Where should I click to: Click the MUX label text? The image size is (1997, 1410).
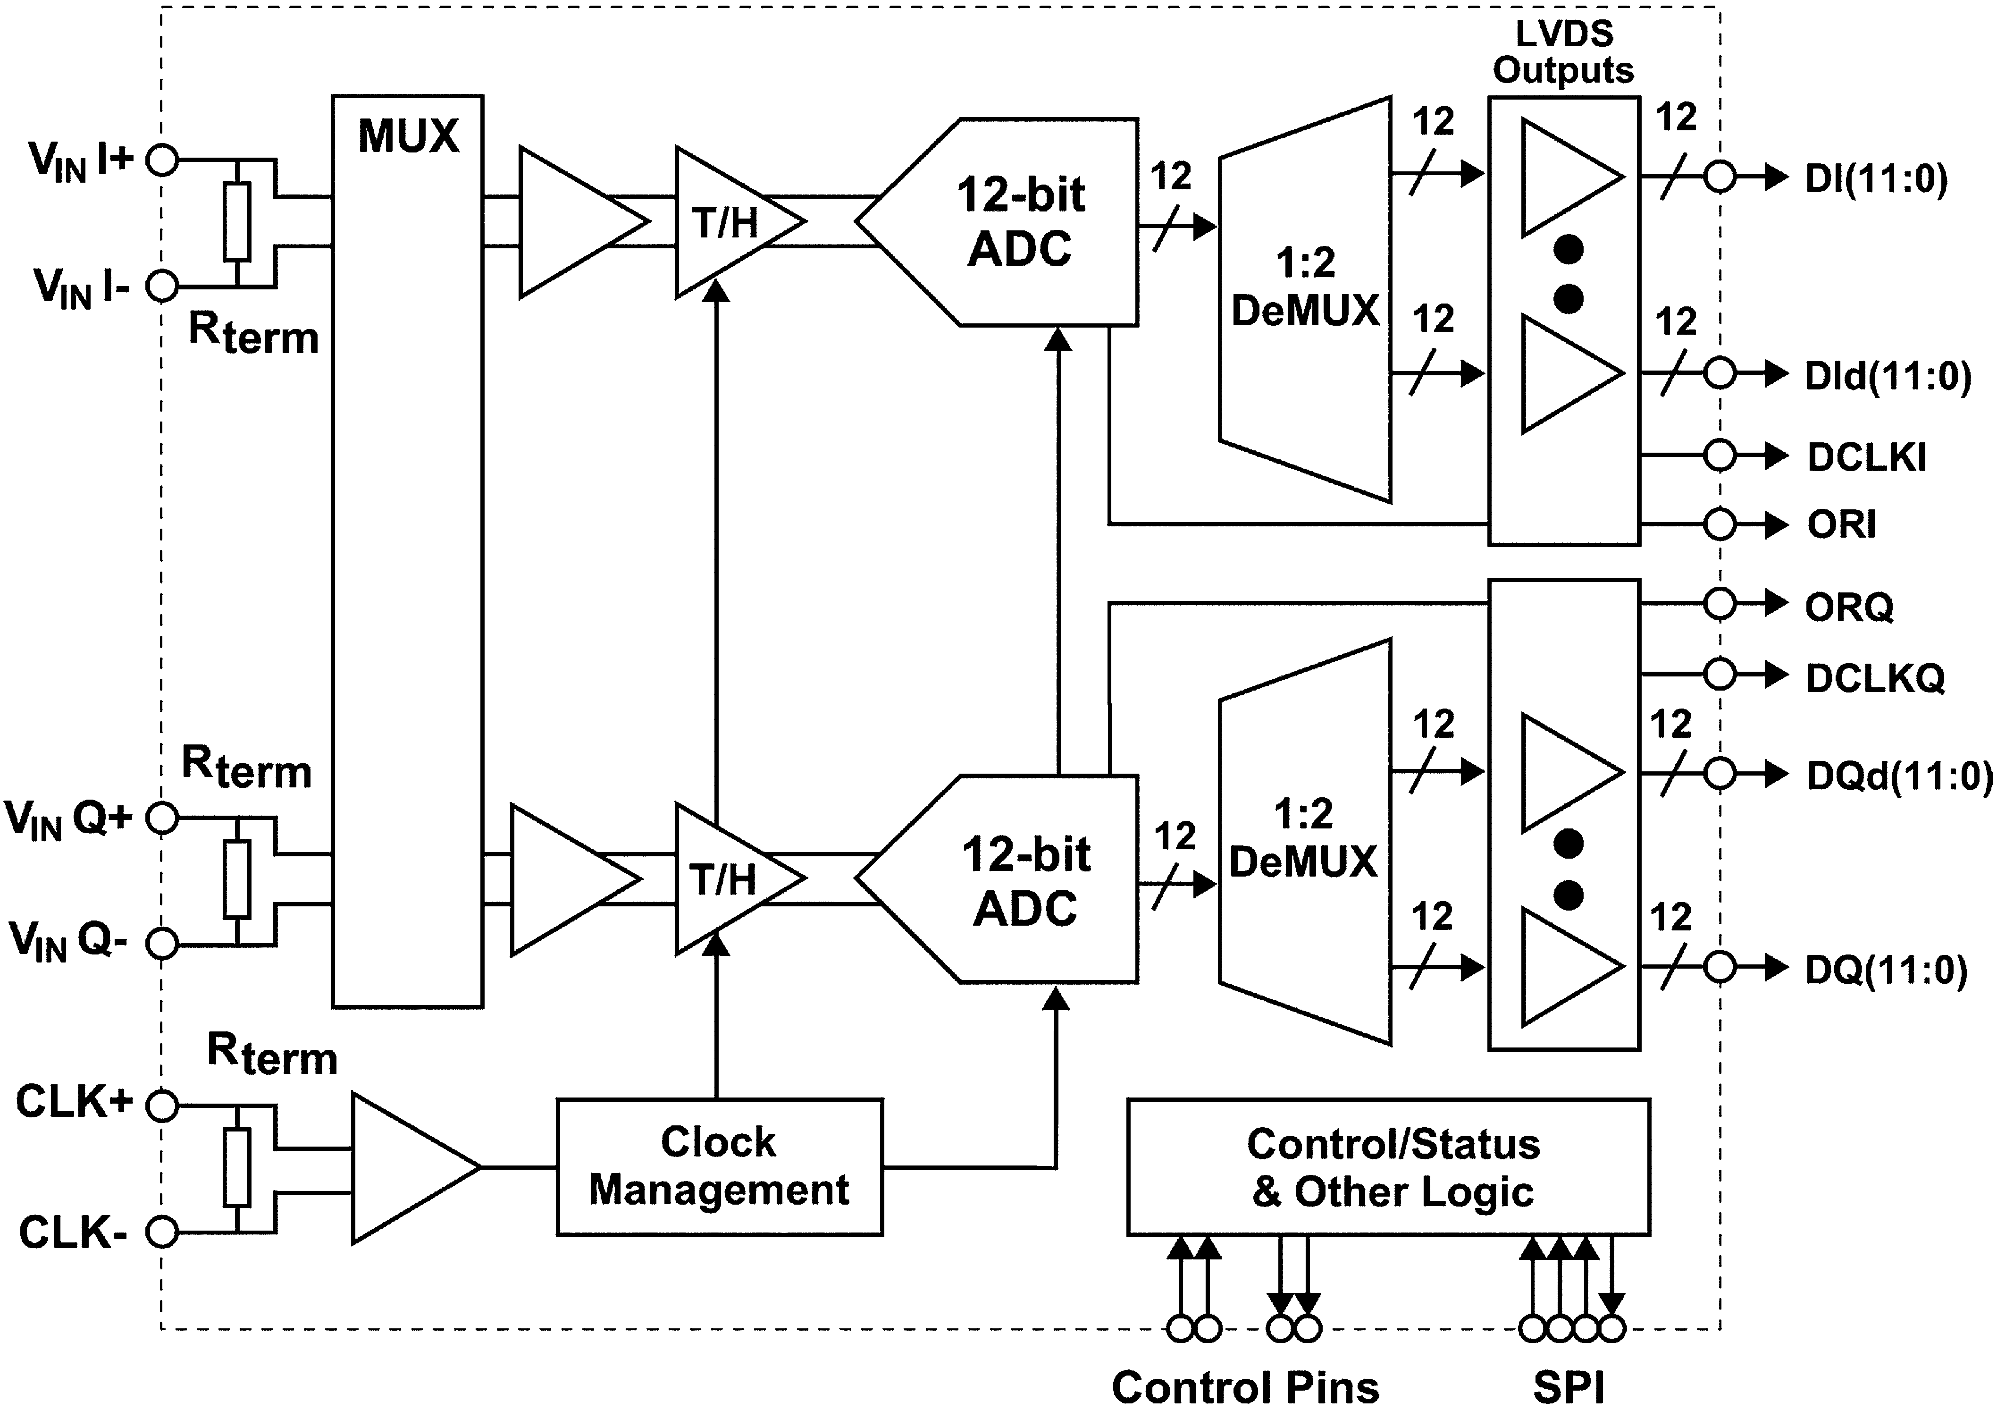point(408,136)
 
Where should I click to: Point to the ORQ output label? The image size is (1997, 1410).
point(1849,606)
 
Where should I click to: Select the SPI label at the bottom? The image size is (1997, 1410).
point(1568,1386)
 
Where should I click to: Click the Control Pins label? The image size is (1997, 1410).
point(1245,1386)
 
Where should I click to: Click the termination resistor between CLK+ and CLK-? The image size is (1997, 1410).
point(236,1167)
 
